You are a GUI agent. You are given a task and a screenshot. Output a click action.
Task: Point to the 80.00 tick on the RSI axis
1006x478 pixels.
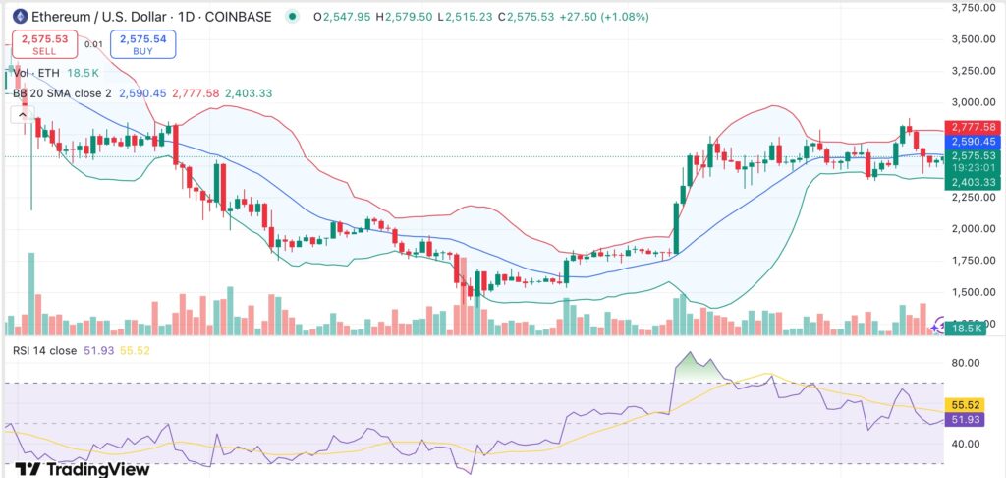(x=967, y=363)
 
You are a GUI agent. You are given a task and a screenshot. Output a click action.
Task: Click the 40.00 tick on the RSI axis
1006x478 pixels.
(x=967, y=444)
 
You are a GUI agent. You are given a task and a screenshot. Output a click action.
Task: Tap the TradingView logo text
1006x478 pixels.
(x=83, y=468)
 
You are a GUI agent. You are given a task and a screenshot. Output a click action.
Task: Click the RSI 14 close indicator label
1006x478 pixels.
(x=45, y=351)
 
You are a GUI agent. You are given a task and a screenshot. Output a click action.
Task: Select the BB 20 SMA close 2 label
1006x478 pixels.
(x=61, y=93)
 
